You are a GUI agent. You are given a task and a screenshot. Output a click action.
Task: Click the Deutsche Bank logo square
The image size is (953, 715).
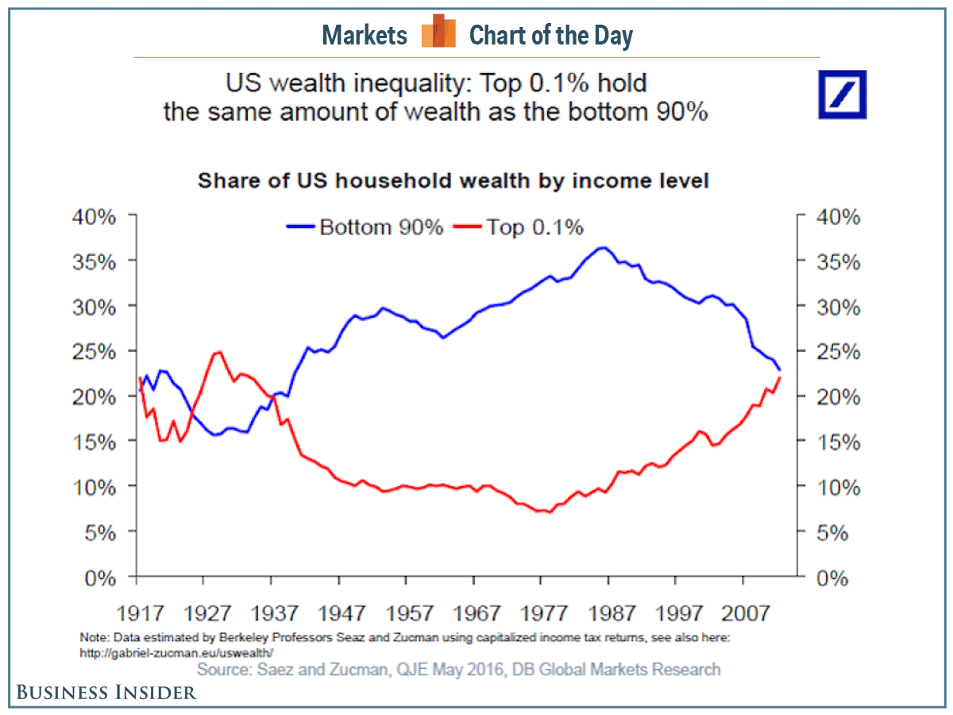click(x=843, y=95)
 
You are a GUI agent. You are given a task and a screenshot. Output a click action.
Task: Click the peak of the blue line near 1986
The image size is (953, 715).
click(x=604, y=247)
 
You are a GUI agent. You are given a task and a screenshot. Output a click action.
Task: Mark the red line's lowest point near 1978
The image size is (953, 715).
click(x=548, y=512)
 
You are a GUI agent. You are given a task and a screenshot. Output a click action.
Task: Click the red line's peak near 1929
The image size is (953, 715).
click(x=218, y=351)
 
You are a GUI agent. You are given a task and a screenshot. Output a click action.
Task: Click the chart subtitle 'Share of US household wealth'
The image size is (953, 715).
click(x=453, y=181)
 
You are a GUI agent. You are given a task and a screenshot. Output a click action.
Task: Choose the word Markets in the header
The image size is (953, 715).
click(x=365, y=36)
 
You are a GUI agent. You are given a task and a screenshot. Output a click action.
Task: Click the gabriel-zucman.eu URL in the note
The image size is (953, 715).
click(x=176, y=652)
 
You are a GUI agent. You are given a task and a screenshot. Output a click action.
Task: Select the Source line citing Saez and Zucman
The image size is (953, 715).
click(x=459, y=670)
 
